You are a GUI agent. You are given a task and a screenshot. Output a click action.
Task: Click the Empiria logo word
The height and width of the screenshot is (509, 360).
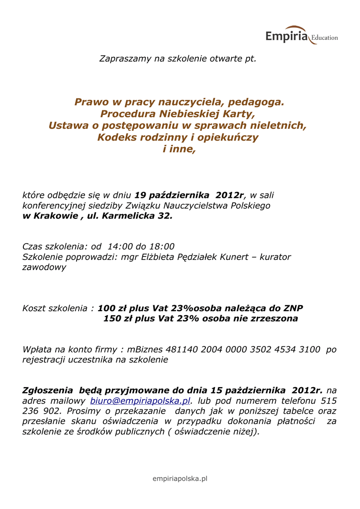(x=286, y=36)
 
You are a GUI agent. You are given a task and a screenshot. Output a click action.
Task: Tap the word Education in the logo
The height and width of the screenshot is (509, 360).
(x=324, y=38)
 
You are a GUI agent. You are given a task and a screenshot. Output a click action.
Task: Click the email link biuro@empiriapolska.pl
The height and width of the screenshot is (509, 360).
(x=140, y=401)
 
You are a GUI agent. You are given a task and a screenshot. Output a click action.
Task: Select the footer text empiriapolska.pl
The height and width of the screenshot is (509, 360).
(x=180, y=478)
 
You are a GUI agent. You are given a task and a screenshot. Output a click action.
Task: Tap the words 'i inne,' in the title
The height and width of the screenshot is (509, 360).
(x=180, y=149)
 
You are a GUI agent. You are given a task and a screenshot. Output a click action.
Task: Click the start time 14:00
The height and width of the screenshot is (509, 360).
(x=121, y=247)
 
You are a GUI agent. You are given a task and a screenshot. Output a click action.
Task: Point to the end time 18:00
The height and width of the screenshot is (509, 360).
(x=162, y=247)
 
